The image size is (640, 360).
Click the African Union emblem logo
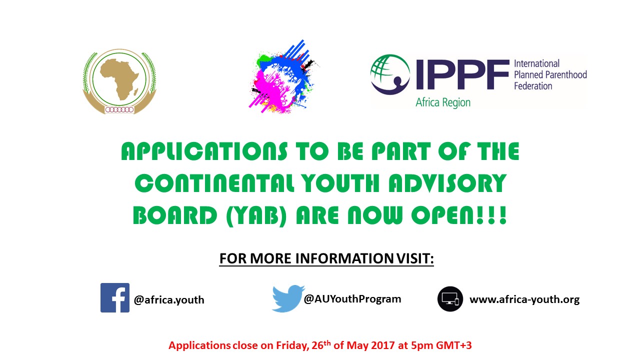tap(119, 81)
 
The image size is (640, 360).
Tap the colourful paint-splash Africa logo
tap(283, 76)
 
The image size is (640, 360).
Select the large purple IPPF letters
tap(462, 74)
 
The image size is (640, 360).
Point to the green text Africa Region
tap(443, 102)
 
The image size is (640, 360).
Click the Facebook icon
tap(115, 297)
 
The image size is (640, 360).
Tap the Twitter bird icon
tap(288, 298)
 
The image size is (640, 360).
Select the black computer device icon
tap(450, 299)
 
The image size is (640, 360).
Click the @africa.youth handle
tap(169, 300)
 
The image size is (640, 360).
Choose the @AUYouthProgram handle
tap(352, 299)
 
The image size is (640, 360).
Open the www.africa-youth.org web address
tap(524, 299)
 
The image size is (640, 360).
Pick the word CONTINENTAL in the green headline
tap(214, 183)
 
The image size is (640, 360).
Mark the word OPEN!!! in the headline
tap(459, 215)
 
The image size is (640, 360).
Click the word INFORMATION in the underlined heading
tap(344, 258)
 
